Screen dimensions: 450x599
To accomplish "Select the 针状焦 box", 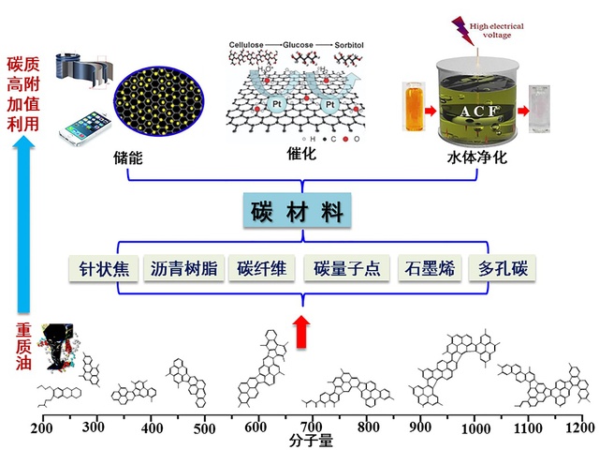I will pyautogui.click(x=104, y=268).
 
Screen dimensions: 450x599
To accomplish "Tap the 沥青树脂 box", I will pyautogui.click(x=183, y=268).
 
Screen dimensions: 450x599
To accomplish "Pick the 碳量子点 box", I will pyautogui.click(x=346, y=268).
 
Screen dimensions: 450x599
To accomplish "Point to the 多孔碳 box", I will pyautogui.click(x=504, y=268).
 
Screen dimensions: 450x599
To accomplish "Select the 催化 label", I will pyautogui.click(x=299, y=153).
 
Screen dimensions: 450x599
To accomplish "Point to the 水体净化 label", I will pyautogui.click(x=475, y=158).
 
